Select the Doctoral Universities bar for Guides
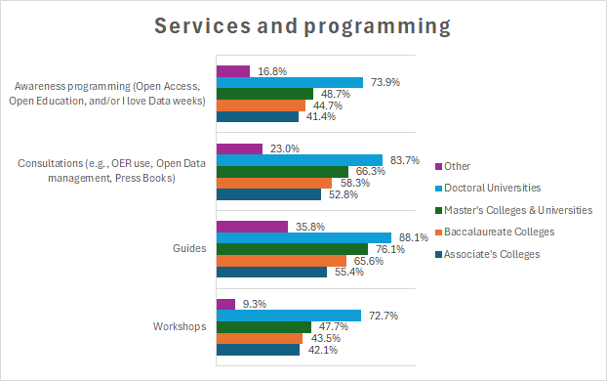coord(303,237)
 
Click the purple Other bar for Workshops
coord(225,304)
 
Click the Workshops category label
coord(181,326)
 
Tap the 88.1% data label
coord(411,237)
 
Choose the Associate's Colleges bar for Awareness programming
coord(257,117)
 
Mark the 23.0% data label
coord(283,148)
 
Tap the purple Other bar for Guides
coord(252,226)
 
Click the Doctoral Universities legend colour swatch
coord(439,188)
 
